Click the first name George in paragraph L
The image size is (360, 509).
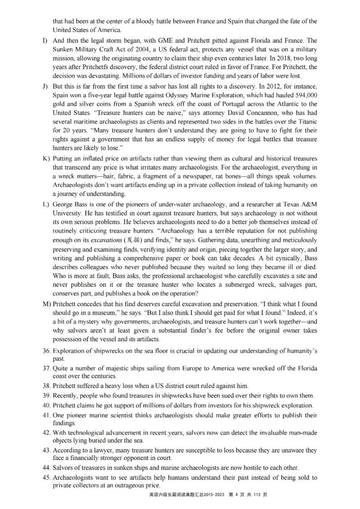tap(63, 204)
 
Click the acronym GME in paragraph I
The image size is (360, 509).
tap(148, 40)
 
